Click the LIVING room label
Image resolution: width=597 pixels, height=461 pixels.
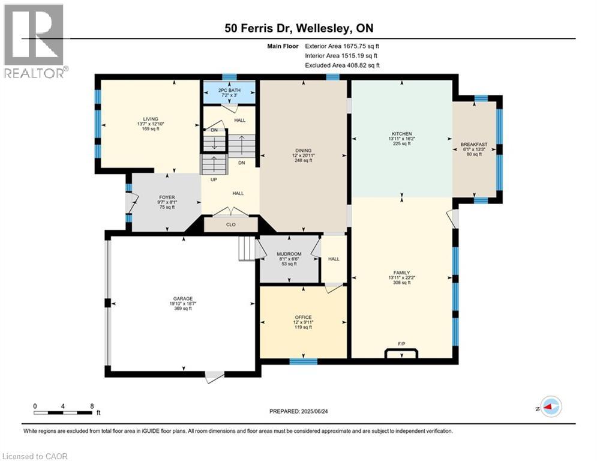click(151, 119)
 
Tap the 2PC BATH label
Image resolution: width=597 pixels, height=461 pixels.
click(229, 90)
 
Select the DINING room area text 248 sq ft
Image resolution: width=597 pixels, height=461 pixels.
click(303, 160)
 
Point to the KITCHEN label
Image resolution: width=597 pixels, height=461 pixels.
click(401, 134)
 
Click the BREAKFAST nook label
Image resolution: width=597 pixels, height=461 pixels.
click(474, 145)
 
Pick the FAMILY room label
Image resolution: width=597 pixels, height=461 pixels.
click(401, 273)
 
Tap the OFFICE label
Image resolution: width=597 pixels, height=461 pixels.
click(303, 317)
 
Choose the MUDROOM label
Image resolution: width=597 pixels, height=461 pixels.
click(289, 254)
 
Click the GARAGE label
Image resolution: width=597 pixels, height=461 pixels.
click(183, 299)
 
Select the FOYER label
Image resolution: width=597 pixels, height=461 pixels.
click(167, 197)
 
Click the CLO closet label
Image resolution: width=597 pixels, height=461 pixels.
click(231, 224)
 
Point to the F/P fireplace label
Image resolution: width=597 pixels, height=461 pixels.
click(401, 344)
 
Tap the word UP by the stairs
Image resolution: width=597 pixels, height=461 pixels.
click(214, 179)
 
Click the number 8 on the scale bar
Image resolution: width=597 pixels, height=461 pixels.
click(92, 406)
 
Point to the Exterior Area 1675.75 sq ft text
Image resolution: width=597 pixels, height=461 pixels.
click(342, 46)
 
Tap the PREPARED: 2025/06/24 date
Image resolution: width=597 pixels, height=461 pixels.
click(299, 411)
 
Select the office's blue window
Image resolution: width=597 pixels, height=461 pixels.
click(304, 361)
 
